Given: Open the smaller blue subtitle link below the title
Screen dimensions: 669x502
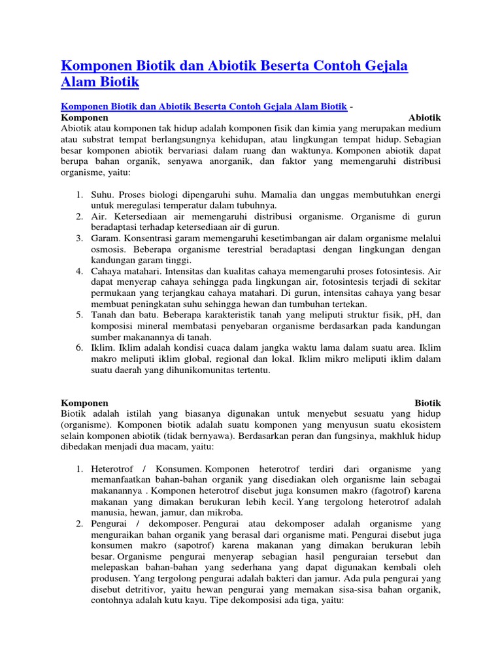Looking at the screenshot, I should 203,106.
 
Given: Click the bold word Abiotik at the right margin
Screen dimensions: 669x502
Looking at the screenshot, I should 424,118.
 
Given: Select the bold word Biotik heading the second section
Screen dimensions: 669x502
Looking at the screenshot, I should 428,402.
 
